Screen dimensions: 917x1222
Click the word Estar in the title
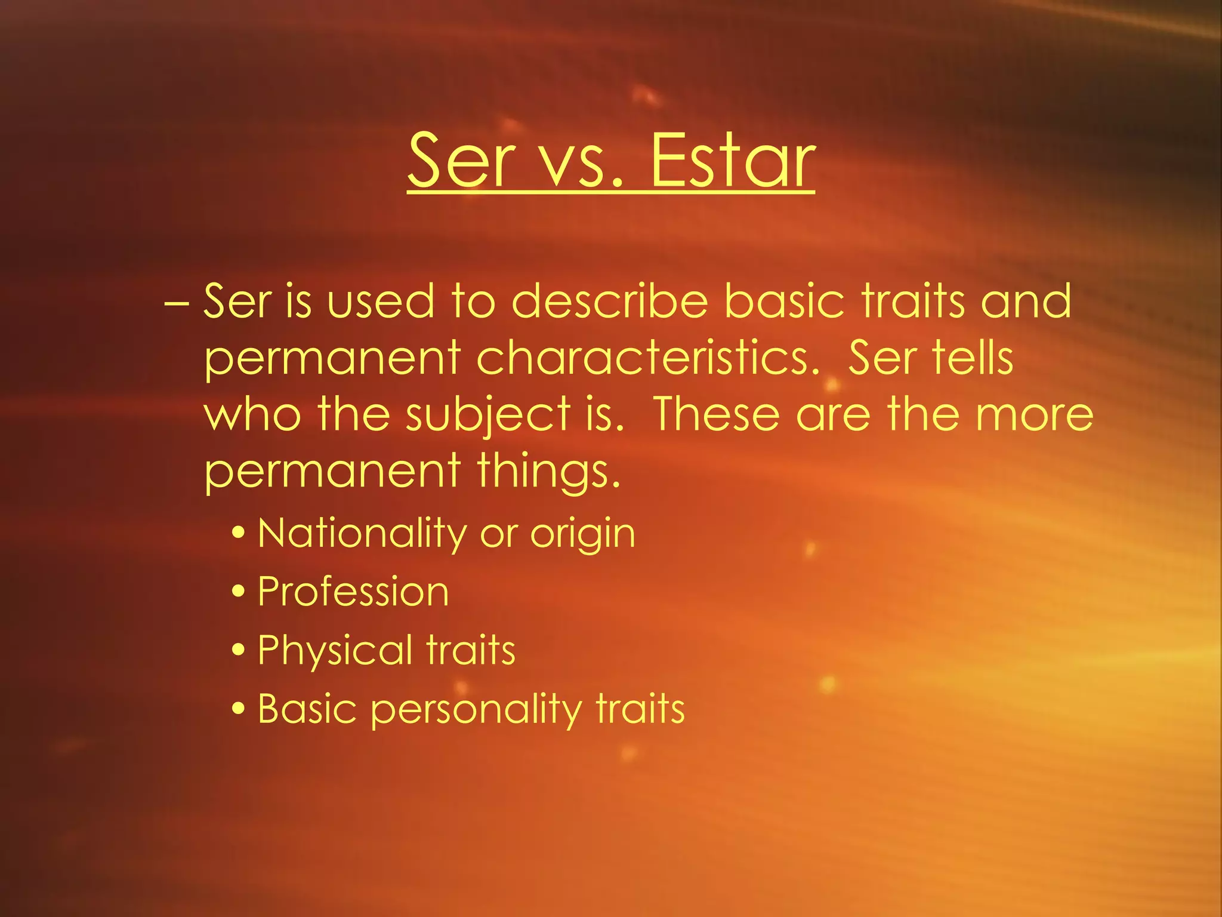pyautogui.click(x=732, y=160)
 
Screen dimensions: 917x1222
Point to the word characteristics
pyautogui.click(x=647, y=358)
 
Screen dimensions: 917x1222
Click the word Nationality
pyautogui.click(x=362, y=533)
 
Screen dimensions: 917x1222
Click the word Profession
pyautogui.click(x=353, y=592)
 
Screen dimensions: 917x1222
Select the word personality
pyautogui.click(x=476, y=710)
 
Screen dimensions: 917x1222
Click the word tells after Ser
pyautogui.click(x=973, y=358)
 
